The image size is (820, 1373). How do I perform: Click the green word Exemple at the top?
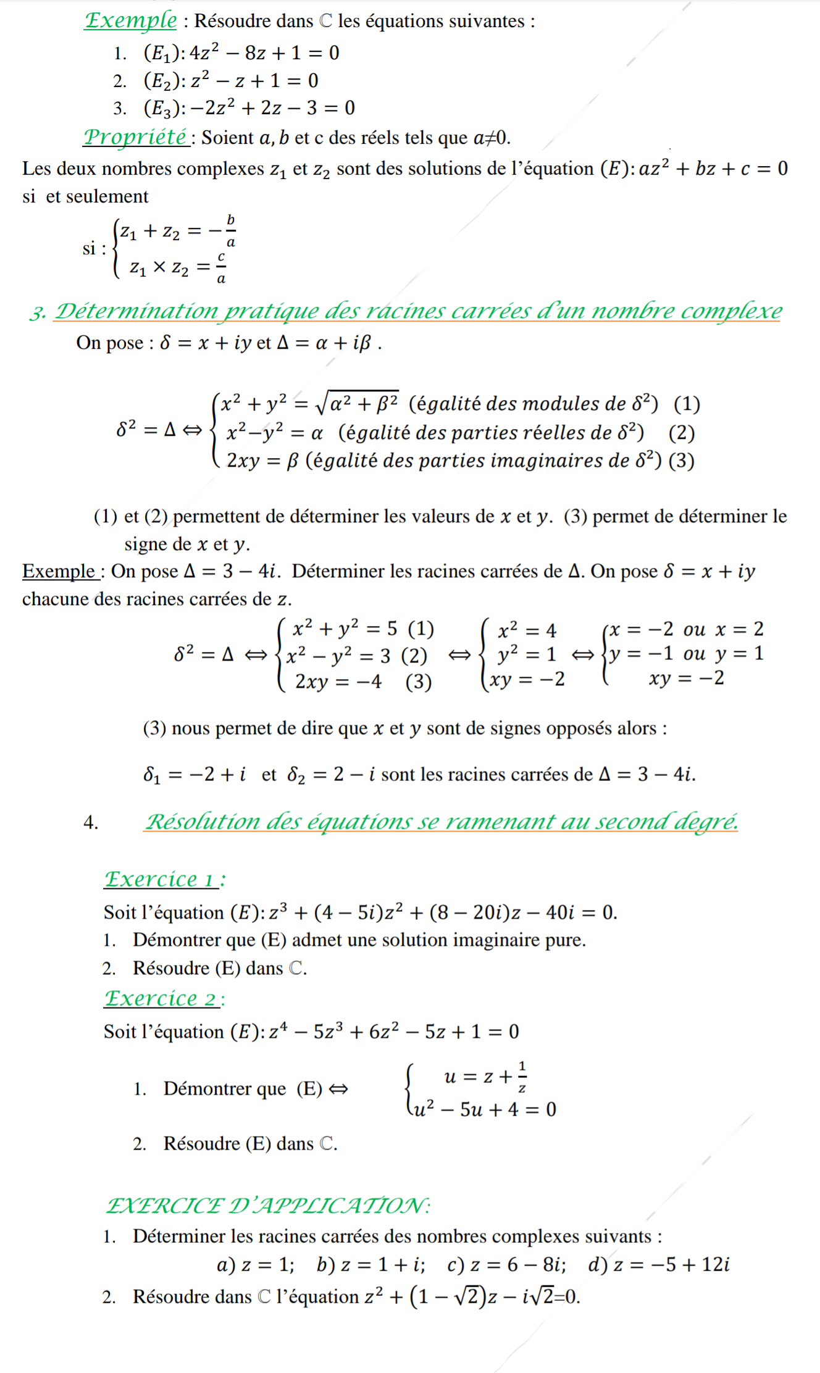(131, 20)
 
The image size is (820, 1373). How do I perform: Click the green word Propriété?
(136, 136)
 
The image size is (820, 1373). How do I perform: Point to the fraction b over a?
(230, 231)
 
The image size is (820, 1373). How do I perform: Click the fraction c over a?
(221, 267)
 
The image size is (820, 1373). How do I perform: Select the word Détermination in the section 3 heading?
(136, 311)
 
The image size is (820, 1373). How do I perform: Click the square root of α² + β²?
(357, 403)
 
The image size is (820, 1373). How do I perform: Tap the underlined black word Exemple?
(59, 571)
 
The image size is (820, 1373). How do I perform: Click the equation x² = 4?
(527, 630)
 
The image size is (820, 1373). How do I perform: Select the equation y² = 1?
(527, 654)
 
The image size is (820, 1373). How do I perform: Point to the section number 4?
(90, 822)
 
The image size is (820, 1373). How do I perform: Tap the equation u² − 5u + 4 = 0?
(485, 1109)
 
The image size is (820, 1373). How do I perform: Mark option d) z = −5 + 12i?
(659, 1265)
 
